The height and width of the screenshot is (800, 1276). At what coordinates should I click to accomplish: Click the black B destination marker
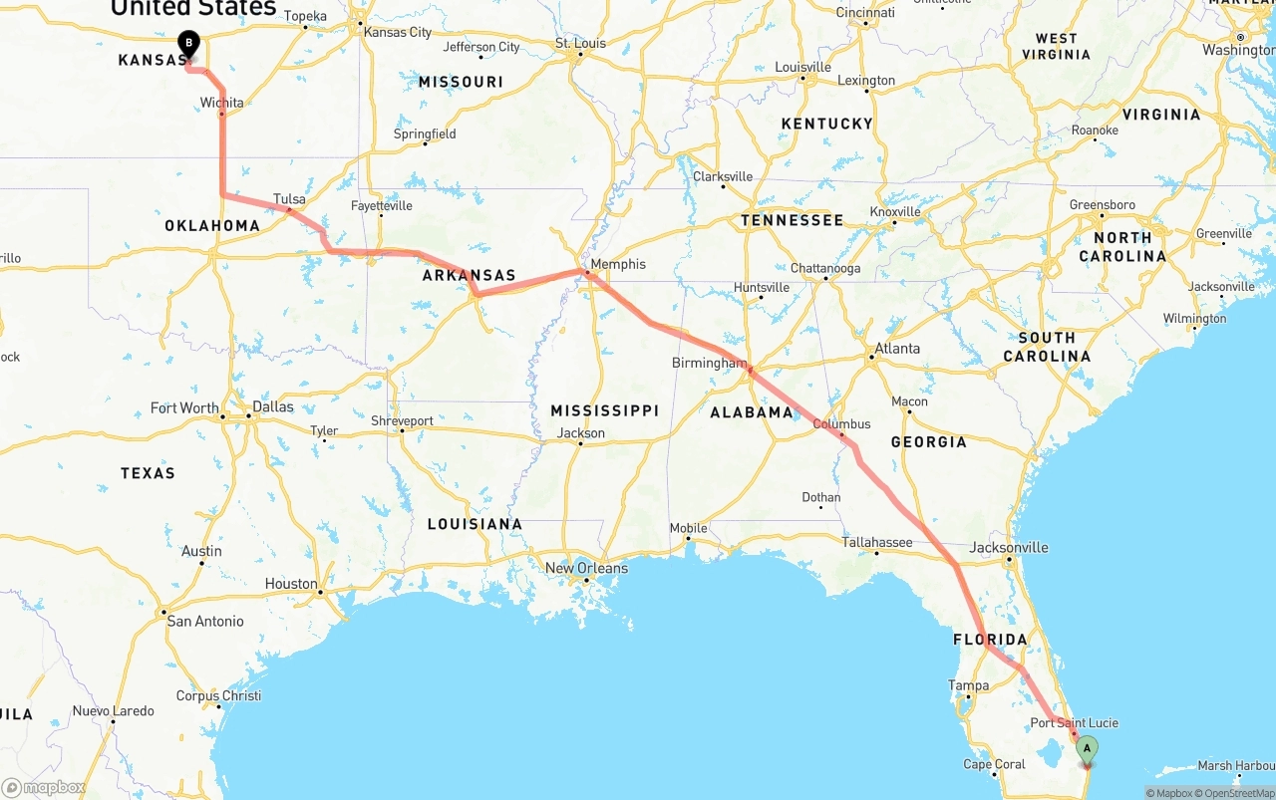pyautogui.click(x=188, y=44)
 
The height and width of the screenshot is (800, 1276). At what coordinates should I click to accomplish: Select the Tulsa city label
pyautogui.click(x=289, y=198)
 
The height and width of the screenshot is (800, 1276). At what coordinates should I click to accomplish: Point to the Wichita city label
pyautogui.click(x=221, y=103)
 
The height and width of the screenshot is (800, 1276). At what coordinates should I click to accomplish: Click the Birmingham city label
pyautogui.click(x=709, y=363)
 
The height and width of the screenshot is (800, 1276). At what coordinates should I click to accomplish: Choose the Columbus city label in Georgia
pyautogui.click(x=841, y=423)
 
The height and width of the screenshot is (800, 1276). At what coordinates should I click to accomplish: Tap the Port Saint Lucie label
pyautogui.click(x=1074, y=722)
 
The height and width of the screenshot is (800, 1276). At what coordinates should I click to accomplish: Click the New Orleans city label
pyautogui.click(x=586, y=568)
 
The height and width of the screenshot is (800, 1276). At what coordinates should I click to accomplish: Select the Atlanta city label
pyautogui.click(x=897, y=349)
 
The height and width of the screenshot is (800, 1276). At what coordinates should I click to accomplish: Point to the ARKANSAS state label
pyautogui.click(x=469, y=276)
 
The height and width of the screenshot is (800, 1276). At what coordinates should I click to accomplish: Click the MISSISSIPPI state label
pyautogui.click(x=604, y=410)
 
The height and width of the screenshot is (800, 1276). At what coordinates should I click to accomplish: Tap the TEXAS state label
pyautogui.click(x=148, y=473)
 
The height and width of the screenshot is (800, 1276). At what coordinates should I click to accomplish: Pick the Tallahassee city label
pyautogui.click(x=876, y=542)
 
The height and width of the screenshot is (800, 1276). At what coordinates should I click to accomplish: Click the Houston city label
pyautogui.click(x=291, y=584)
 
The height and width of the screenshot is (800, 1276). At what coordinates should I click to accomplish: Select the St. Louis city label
pyautogui.click(x=580, y=43)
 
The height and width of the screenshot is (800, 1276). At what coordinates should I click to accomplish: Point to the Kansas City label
pyautogui.click(x=398, y=32)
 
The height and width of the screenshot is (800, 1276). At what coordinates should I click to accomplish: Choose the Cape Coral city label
pyautogui.click(x=994, y=764)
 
